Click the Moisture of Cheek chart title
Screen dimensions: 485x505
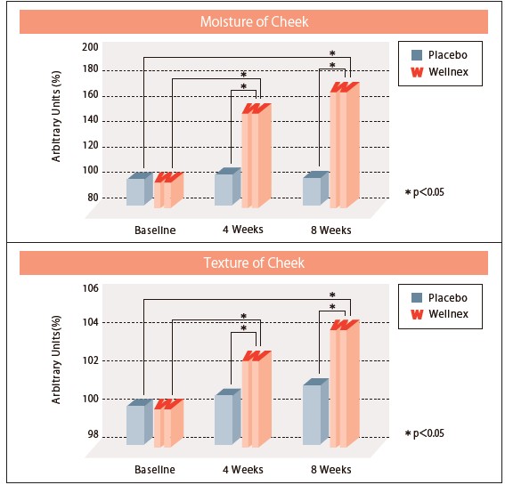point(254,21)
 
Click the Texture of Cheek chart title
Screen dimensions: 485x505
point(254,263)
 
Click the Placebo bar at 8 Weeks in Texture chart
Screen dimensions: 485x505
point(314,414)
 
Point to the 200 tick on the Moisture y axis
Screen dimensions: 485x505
point(89,46)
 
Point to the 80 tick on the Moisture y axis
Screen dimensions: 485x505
point(92,197)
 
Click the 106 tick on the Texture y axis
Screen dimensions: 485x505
point(89,287)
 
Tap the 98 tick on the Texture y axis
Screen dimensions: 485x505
point(92,435)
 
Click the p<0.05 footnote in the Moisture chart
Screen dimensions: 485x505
point(424,192)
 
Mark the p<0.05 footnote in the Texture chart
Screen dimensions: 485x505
point(424,433)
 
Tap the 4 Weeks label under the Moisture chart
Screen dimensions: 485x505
point(242,230)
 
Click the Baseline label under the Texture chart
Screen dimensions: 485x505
point(154,469)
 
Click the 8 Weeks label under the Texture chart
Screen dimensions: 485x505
point(330,469)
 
